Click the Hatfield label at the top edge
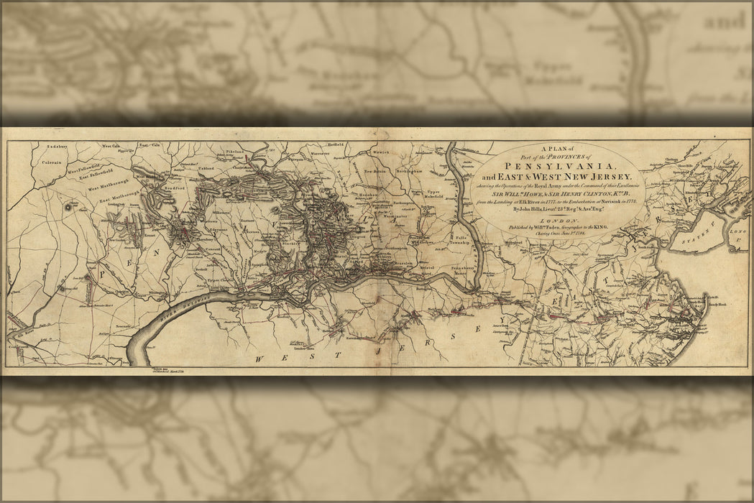pos(336,144)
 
